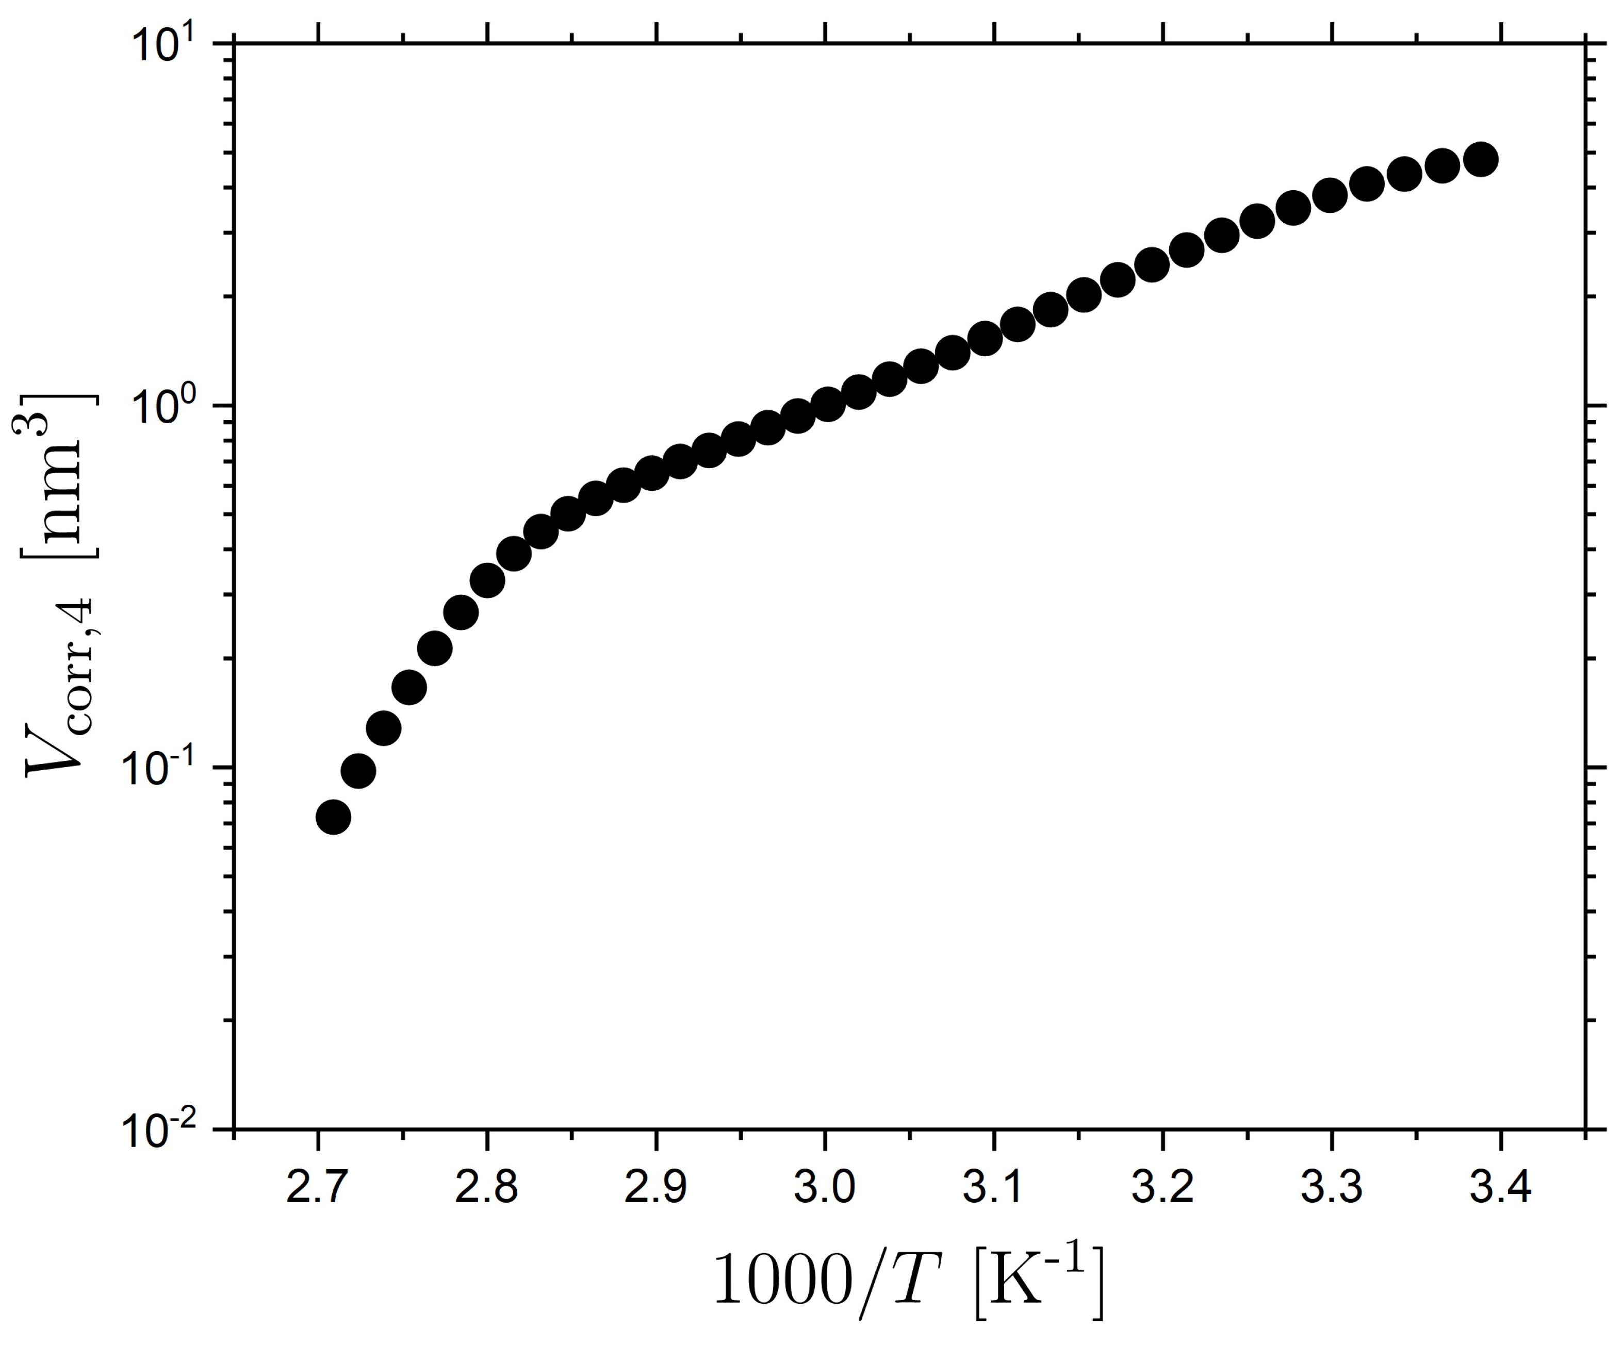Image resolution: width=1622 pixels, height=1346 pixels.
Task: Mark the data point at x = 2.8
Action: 487,579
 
